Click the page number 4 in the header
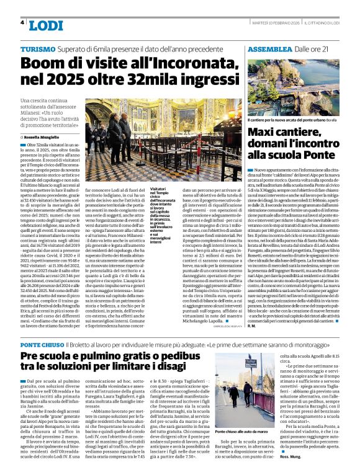pyautogui.click(x=22, y=23)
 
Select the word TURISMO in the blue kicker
pyautogui.click(x=38, y=48)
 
